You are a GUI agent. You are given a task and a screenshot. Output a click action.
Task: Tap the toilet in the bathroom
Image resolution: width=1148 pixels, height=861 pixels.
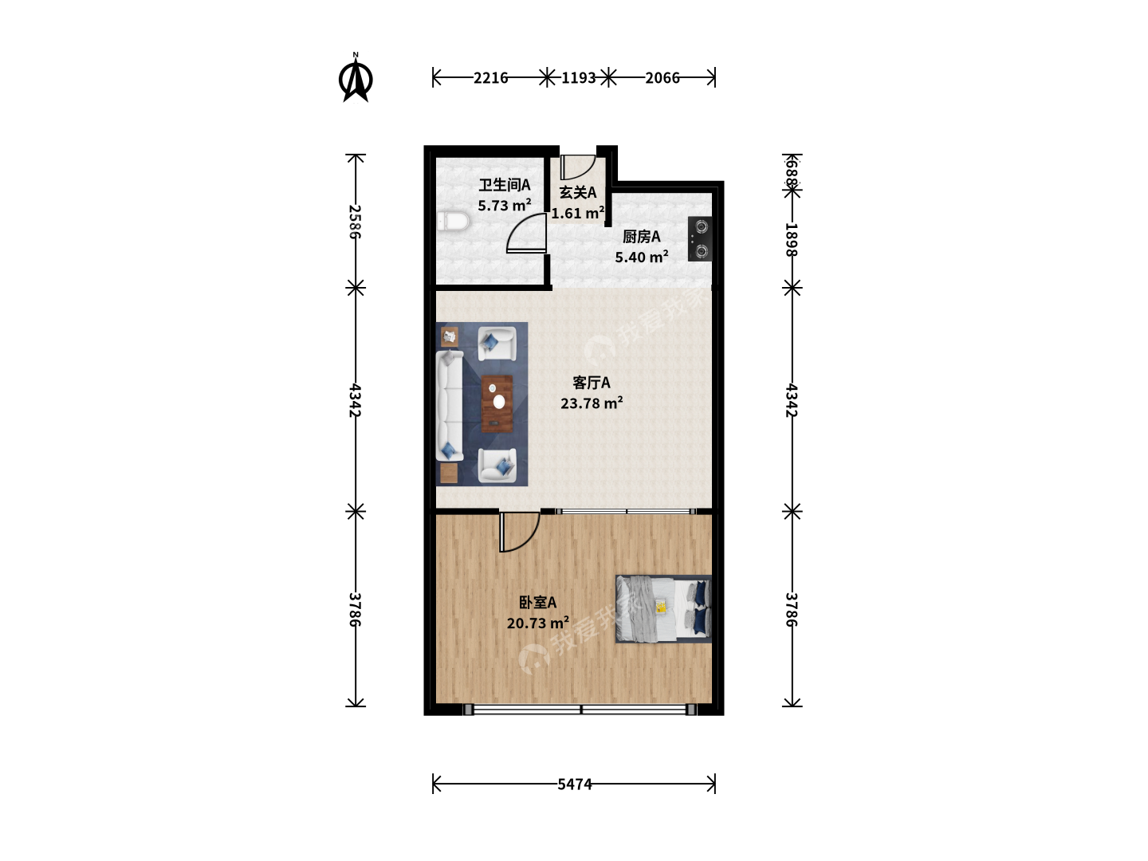[x=452, y=221]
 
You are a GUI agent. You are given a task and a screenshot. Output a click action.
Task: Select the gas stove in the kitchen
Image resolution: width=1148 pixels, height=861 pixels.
[x=700, y=239]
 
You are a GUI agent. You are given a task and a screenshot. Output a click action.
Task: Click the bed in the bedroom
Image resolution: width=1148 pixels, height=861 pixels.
[x=664, y=609]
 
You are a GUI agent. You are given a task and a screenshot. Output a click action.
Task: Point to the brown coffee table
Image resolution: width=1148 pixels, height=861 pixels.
[x=497, y=403]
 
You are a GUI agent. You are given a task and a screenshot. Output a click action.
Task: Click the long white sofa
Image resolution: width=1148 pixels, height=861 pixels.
[x=450, y=406]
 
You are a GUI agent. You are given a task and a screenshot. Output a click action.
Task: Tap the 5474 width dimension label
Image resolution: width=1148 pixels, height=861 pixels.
[x=574, y=784]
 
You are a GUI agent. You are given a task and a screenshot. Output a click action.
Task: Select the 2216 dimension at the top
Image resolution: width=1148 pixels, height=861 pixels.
[x=490, y=78]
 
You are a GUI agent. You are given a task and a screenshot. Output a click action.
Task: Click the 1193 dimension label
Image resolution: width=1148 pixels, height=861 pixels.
[x=579, y=78]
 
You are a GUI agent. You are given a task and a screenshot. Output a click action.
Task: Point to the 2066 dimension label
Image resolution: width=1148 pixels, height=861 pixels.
[x=662, y=78]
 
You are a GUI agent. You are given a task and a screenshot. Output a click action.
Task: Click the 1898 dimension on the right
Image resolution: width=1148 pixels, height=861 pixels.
[x=792, y=239]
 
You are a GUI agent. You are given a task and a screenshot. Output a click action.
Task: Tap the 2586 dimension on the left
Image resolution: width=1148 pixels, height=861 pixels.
[x=355, y=222]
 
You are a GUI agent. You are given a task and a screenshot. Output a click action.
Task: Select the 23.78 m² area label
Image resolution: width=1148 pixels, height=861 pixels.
[x=592, y=403]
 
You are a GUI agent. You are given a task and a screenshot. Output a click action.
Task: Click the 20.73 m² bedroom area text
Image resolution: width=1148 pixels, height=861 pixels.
[x=537, y=623]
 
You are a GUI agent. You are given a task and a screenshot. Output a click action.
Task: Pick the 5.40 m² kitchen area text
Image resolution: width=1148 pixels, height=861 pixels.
[x=641, y=257]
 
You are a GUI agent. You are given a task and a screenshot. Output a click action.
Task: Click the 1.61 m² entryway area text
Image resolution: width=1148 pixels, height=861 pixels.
[x=578, y=213]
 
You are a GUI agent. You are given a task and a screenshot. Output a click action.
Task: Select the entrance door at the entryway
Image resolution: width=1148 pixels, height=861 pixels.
[x=577, y=167]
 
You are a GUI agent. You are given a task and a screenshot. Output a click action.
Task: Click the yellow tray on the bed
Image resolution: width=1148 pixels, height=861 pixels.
[x=661, y=607]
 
